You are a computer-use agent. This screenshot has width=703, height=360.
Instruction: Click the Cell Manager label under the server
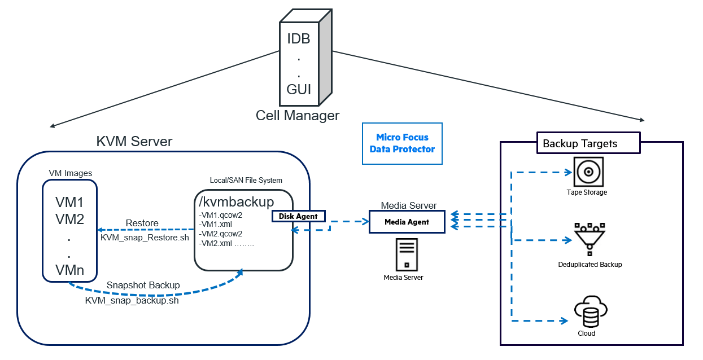[x=298, y=116]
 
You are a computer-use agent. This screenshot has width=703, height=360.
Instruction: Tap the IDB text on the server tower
[x=299, y=39]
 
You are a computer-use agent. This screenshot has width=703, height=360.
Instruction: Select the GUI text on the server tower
[x=299, y=89]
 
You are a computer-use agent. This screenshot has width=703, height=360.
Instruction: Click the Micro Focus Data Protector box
[x=402, y=143]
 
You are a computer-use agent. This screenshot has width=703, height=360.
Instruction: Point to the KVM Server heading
[x=134, y=142]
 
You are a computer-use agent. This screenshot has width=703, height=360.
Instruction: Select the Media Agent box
[x=407, y=222]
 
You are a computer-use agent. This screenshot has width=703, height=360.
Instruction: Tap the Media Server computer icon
[x=407, y=254]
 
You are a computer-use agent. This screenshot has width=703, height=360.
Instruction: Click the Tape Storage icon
[x=587, y=172]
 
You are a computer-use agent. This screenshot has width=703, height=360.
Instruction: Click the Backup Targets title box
[x=587, y=143]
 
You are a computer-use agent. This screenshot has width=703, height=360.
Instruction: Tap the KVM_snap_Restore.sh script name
[x=145, y=238]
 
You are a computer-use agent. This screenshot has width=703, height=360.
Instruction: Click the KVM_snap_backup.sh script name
[x=132, y=300]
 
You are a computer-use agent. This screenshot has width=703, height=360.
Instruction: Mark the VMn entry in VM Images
[x=69, y=269]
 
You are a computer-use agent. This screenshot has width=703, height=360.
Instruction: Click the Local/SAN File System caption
[x=245, y=180]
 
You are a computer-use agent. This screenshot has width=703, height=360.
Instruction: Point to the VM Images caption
[x=69, y=173]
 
